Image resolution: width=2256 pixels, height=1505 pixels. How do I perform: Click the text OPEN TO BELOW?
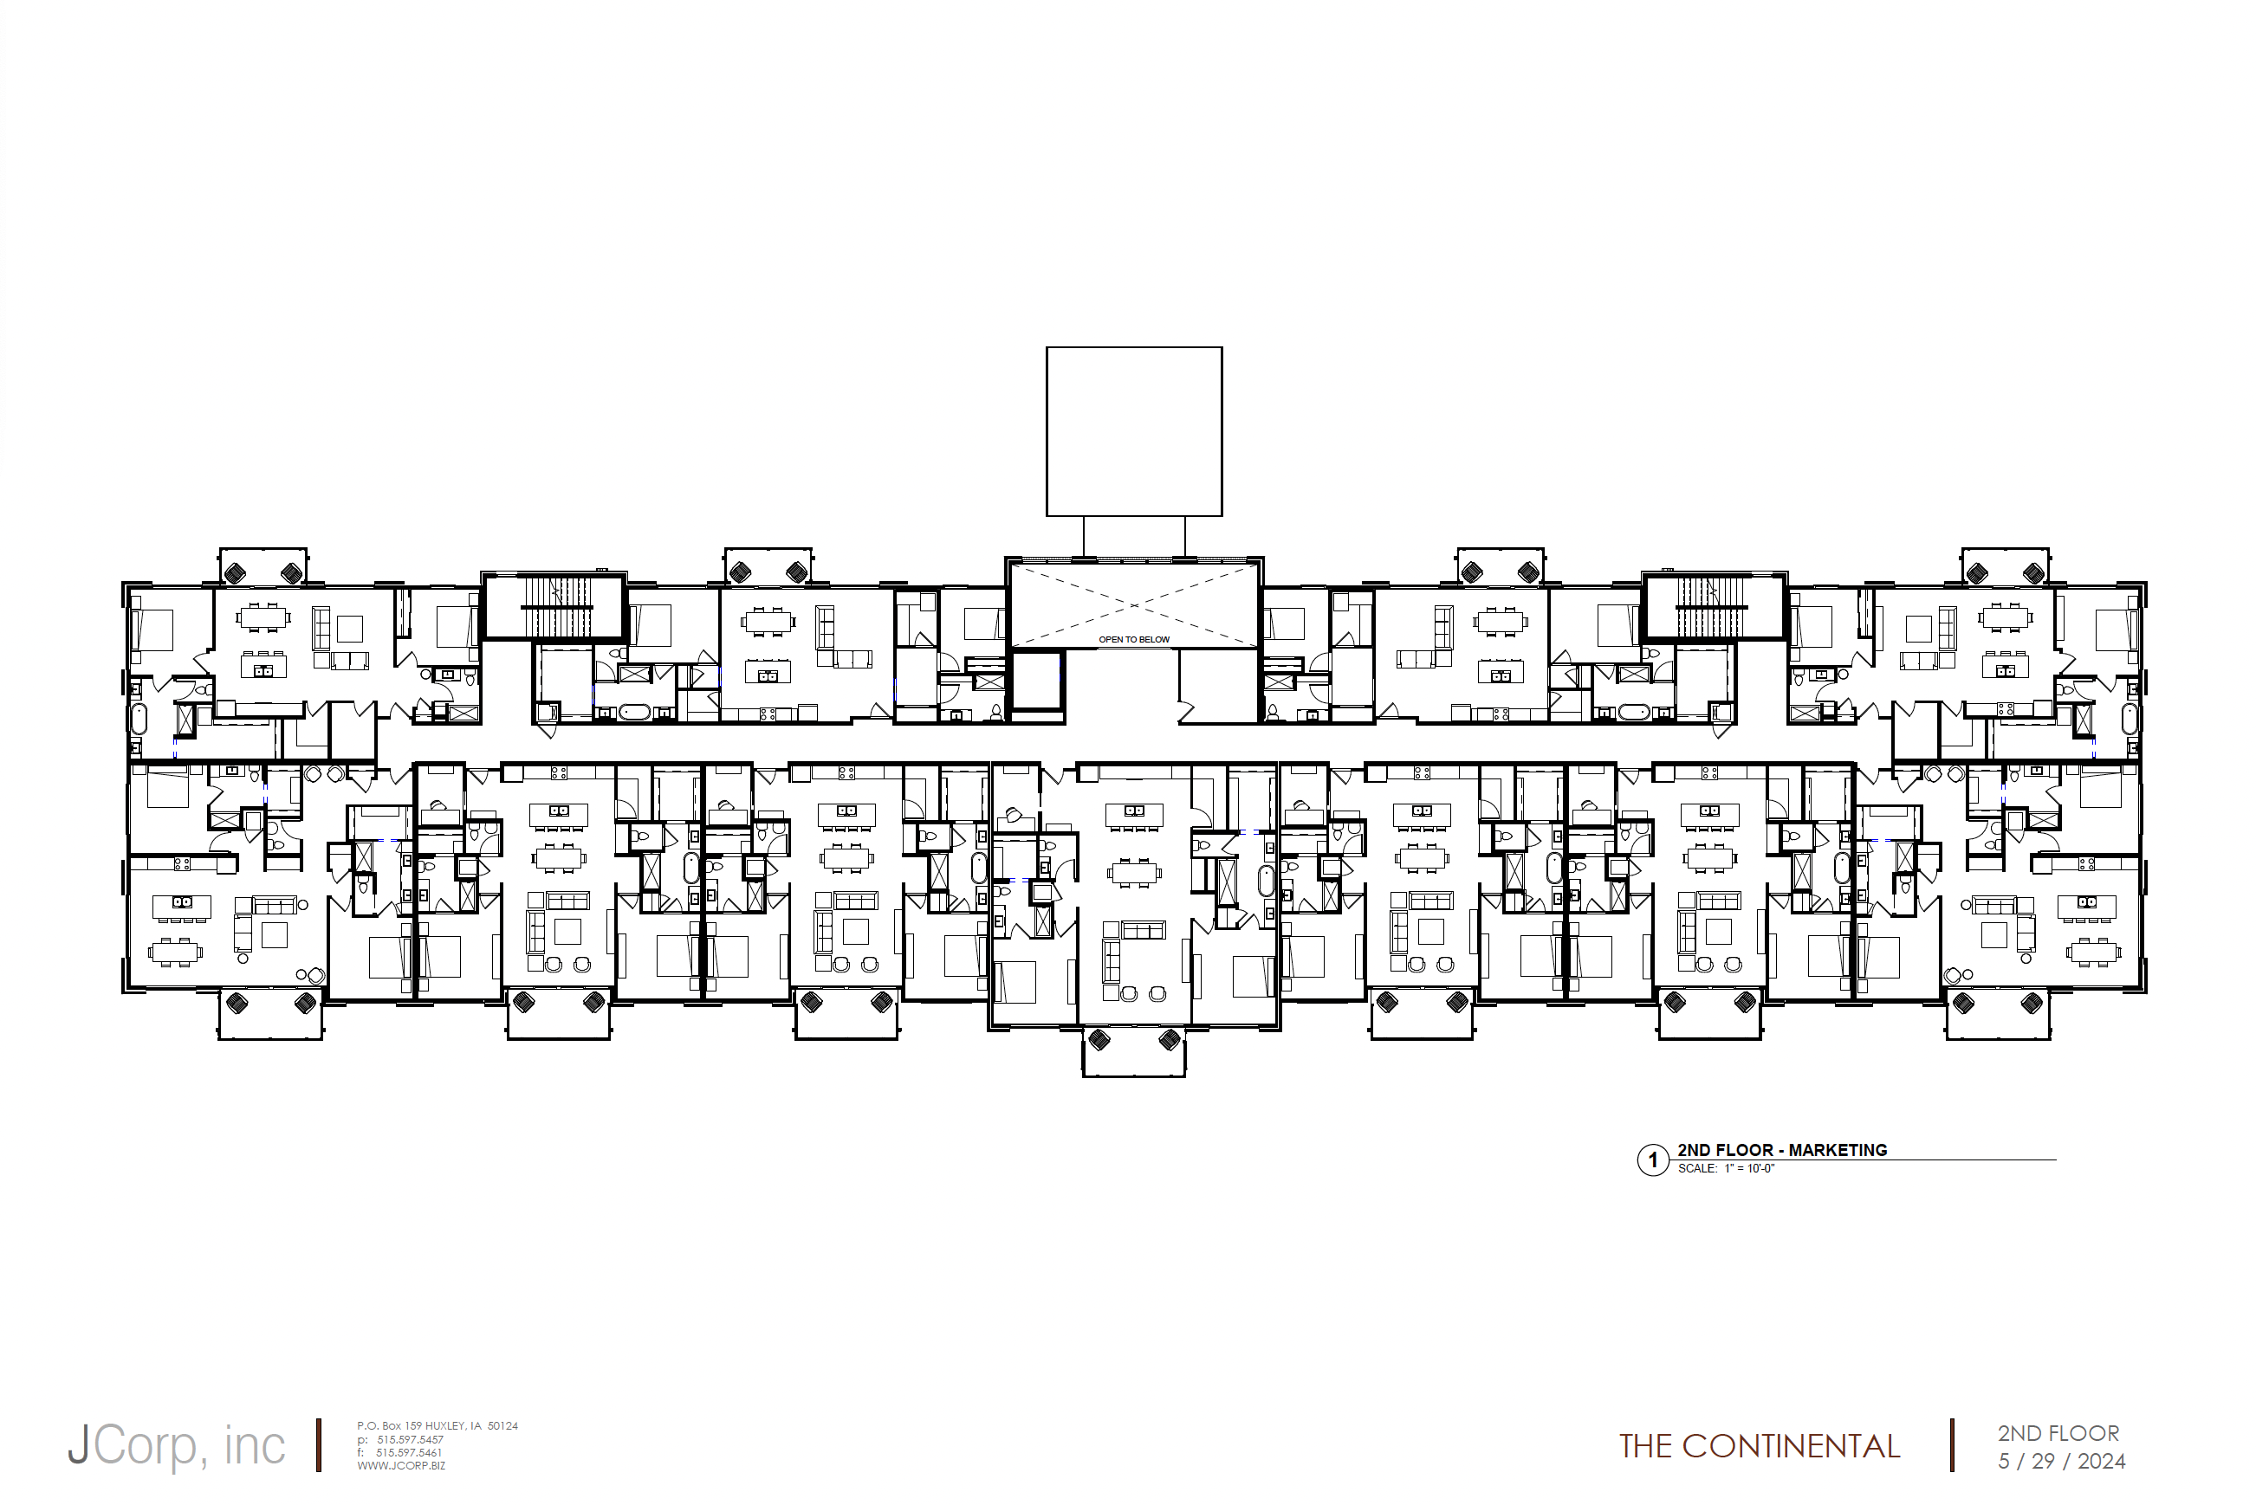coord(1134,639)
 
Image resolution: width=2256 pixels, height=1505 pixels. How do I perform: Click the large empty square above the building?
coord(1134,432)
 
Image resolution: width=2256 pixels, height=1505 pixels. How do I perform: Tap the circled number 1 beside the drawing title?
coord(1652,1160)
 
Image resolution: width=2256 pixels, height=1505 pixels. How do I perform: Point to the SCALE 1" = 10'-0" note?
coord(1726,1169)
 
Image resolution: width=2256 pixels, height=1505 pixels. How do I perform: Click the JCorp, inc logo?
coord(177,1445)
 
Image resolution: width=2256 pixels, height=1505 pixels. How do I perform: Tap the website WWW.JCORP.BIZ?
coord(401,1467)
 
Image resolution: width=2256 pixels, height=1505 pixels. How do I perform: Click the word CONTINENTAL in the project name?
coord(1791,1446)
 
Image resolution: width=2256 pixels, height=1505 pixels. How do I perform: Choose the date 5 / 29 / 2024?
coord(2061,1462)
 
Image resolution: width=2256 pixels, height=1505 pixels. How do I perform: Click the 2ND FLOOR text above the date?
coord(2058,1434)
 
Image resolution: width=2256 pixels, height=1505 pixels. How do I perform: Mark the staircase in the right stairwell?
coord(1714,608)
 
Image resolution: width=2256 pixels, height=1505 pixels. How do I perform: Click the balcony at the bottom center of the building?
coord(1134,1053)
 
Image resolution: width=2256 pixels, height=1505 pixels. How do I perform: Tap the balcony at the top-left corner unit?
coord(263,566)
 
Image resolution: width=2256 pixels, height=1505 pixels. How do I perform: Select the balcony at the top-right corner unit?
coord(2005,566)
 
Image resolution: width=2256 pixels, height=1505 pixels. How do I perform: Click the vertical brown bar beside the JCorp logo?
coord(319,1445)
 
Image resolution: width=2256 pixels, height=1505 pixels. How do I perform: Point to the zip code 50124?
coord(503,1426)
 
